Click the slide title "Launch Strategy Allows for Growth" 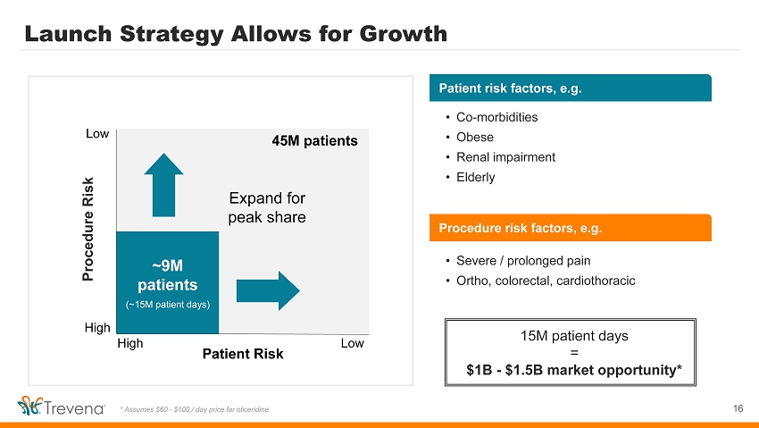(236, 34)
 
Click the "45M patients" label (314, 141)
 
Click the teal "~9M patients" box (167, 282)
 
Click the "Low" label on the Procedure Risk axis (97, 134)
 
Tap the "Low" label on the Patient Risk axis (353, 343)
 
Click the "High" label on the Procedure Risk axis (98, 328)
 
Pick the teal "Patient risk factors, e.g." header (571, 88)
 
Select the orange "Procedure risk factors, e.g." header (571, 228)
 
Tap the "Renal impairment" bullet (505, 157)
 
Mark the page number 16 (738, 408)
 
